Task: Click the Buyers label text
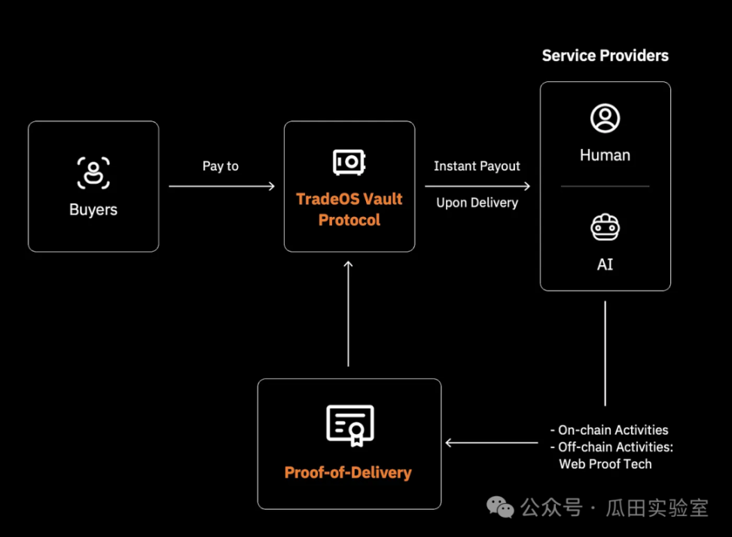[x=93, y=209]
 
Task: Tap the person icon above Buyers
[x=93, y=172]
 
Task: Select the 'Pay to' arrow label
[x=220, y=166]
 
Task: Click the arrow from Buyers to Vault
[x=221, y=186]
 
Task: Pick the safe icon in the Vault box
[x=349, y=162]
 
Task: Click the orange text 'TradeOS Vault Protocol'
[x=349, y=209]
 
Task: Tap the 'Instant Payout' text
[x=477, y=166]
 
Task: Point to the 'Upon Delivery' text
[x=477, y=203]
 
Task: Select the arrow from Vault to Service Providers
[x=477, y=186]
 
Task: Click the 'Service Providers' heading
[x=605, y=56]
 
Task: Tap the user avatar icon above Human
[x=605, y=118]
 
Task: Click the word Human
[x=605, y=155]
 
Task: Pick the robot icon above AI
[x=605, y=227]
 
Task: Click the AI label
[x=605, y=265]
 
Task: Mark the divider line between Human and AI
[x=605, y=186]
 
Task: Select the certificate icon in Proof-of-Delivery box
[x=349, y=426]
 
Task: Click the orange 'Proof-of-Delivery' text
[x=348, y=473]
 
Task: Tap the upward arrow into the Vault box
[x=348, y=313]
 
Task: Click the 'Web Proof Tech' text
[x=605, y=464]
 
